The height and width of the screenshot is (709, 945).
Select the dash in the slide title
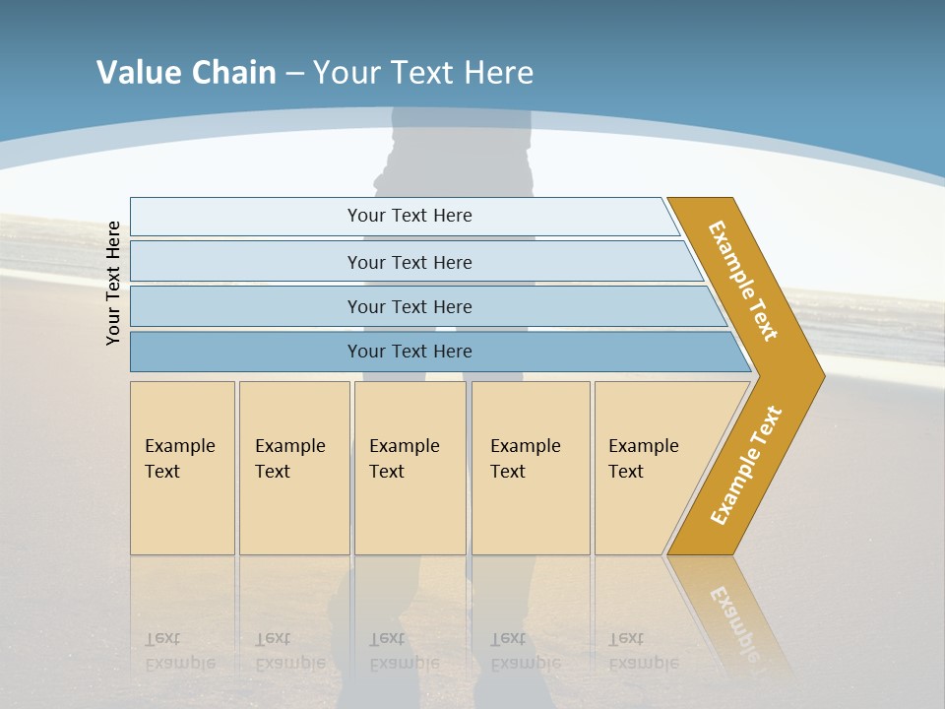pyautogui.click(x=294, y=74)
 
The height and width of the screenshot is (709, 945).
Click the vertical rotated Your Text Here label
pyautogui.click(x=113, y=283)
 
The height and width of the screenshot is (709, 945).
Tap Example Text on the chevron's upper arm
pyautogui.click(x=743, y=281)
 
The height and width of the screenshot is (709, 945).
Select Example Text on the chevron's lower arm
pyautogui.click(x=746, y=466)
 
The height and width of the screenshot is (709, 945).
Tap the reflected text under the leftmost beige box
pyautogui.click(x=179, y=651)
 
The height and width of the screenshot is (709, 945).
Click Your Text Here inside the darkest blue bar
pyautogui.click(x=409, y=352)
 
